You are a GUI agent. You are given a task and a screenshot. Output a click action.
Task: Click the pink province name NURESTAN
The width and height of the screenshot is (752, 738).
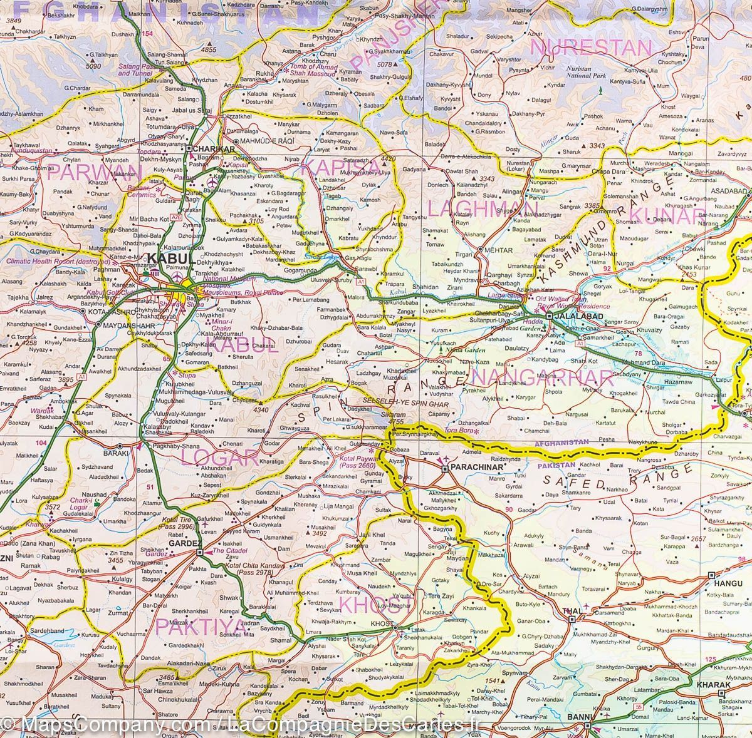point(591,48)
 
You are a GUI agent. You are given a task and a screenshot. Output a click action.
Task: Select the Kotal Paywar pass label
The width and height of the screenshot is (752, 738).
point(357,461)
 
